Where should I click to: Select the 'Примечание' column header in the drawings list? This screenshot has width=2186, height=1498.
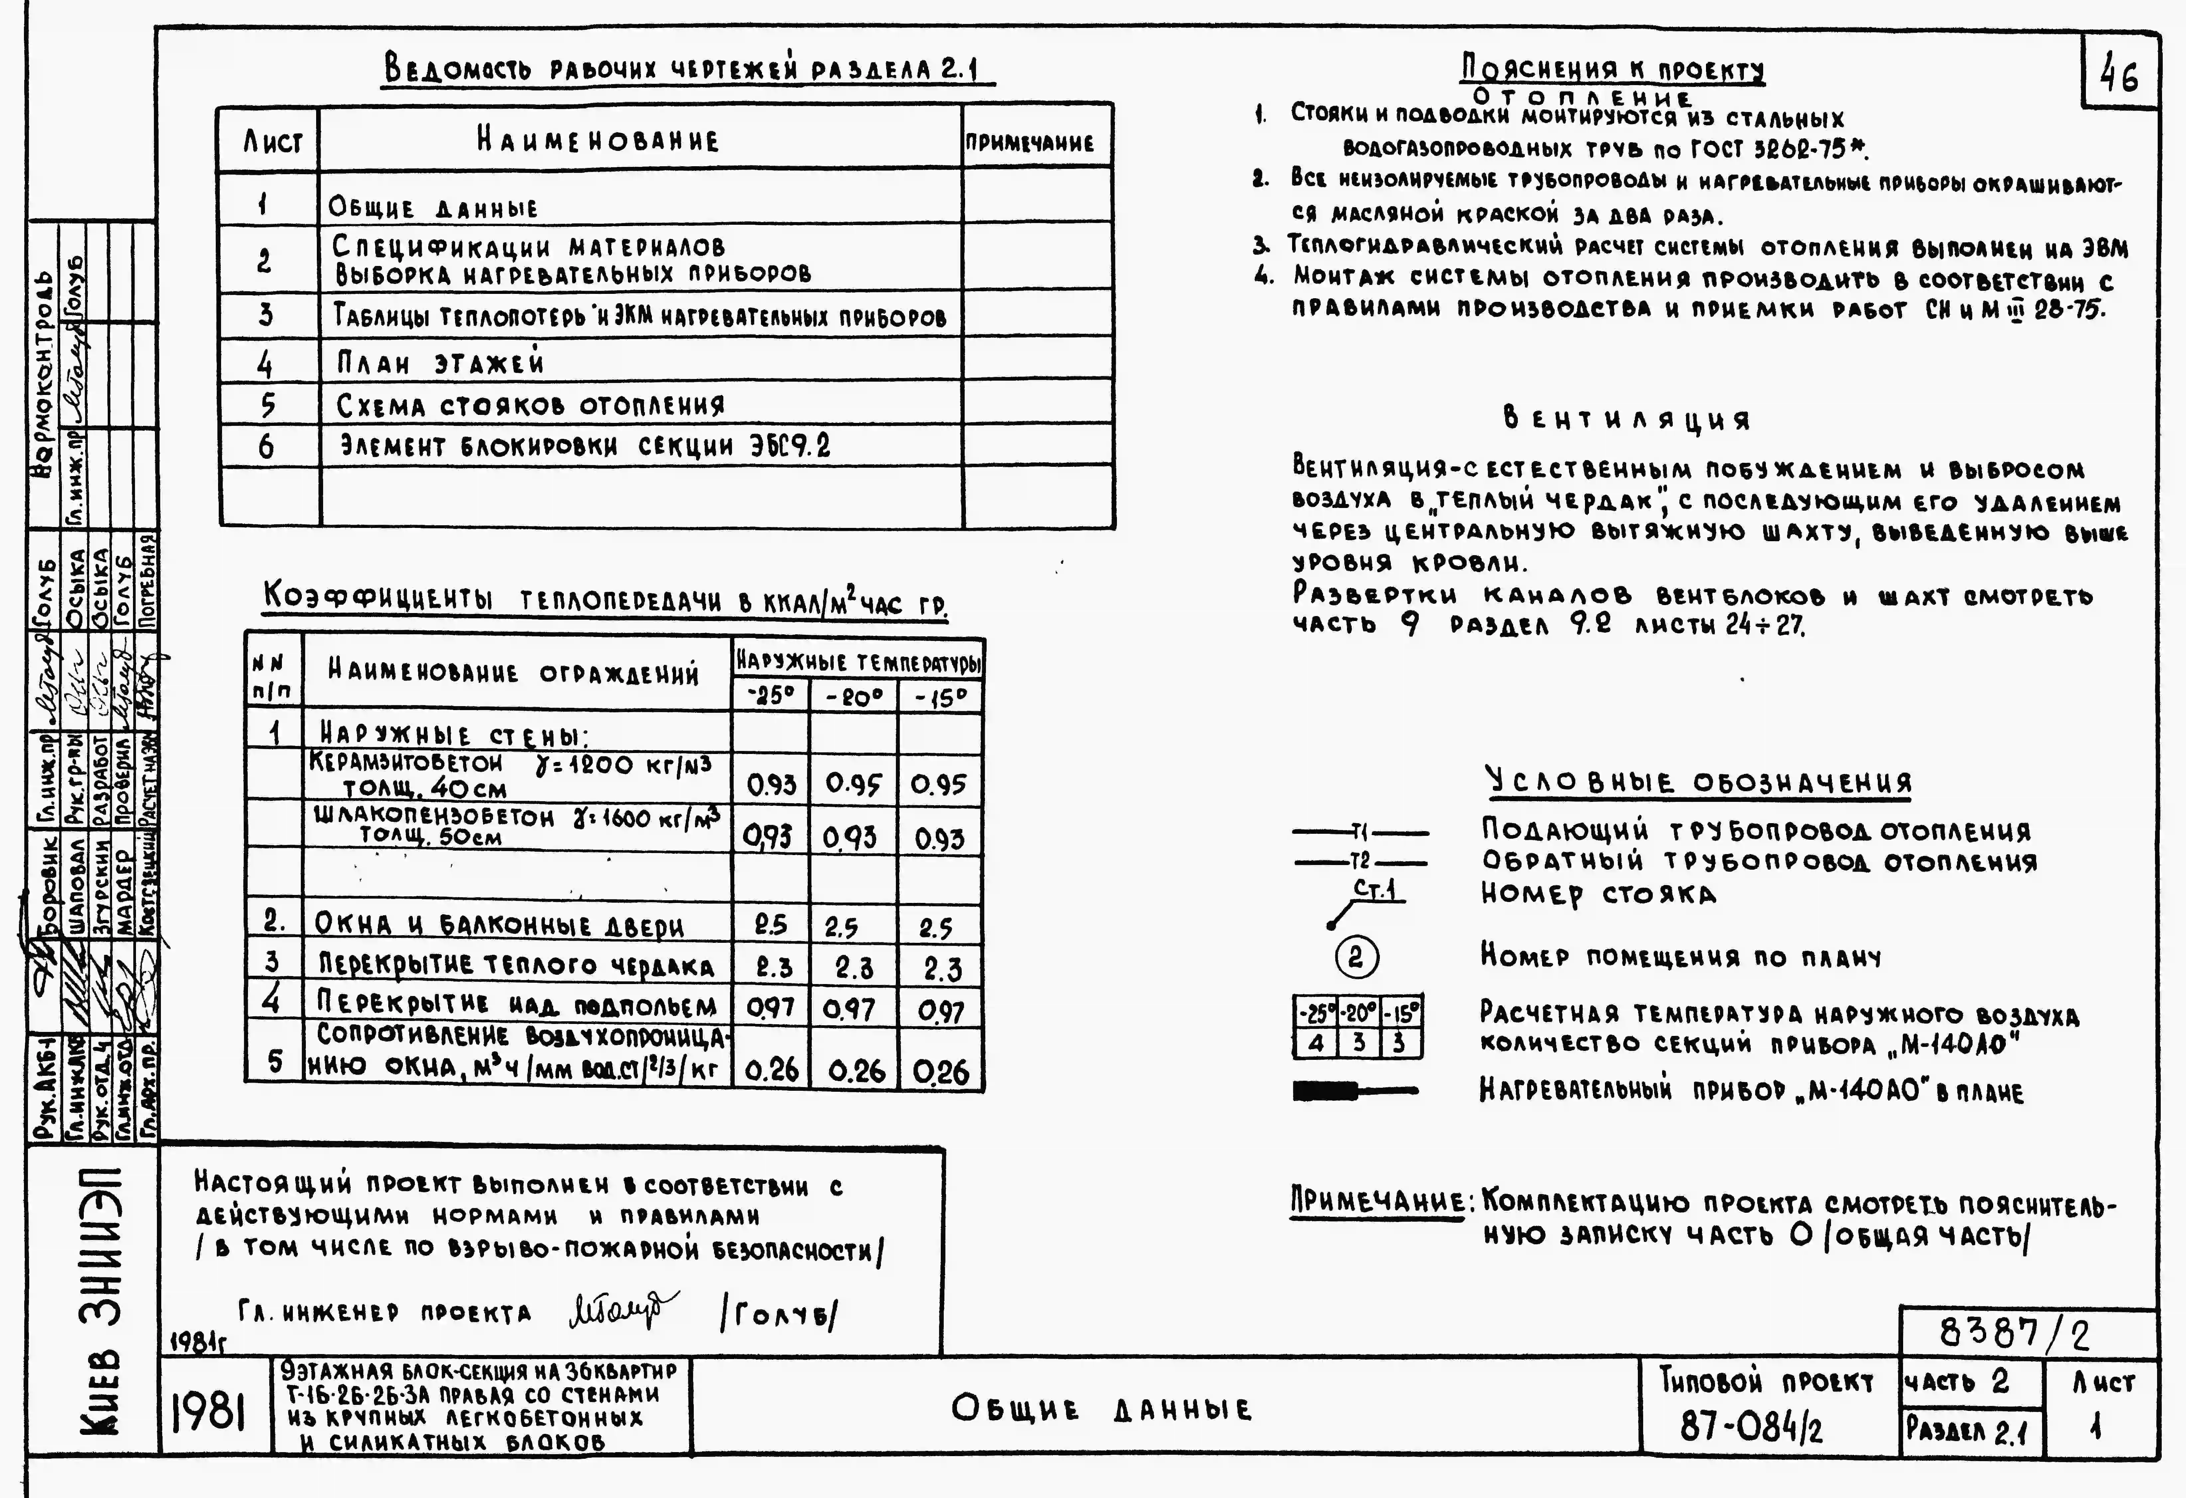[1030, 143]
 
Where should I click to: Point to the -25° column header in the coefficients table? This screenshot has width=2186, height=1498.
[770, 696]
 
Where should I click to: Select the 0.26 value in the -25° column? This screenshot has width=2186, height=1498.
[771, 1070]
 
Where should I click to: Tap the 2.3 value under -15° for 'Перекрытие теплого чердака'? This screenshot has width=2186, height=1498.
[941, 968]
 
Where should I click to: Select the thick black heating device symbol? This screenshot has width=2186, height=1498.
[1326, 1090]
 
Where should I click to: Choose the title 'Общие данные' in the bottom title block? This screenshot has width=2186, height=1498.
[1101, 1409]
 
